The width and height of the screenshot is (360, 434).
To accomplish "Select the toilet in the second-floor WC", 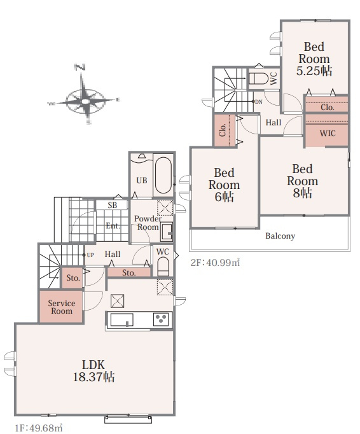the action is pos(258,79).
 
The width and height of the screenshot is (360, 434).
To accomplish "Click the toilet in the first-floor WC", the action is pos(163,267).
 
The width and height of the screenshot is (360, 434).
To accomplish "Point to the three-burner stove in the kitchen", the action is pos(161,319).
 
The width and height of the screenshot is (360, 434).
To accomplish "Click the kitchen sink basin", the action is pos(121,319).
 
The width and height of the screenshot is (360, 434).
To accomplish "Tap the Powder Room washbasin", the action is pos(166,232).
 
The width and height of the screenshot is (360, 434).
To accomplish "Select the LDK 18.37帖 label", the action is pos(93,370).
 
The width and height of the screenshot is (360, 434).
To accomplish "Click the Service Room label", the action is pos(62,307).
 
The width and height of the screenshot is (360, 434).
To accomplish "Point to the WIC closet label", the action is pos(328,133).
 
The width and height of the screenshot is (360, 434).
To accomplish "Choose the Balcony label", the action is pos(280,236).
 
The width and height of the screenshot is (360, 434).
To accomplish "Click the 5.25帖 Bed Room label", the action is pos(314,59).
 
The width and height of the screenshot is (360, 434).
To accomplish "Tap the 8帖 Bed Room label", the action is pos(303,181).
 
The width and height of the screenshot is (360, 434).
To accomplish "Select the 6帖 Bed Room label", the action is pos(224,185).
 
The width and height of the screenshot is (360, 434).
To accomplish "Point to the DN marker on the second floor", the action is pos(258,102).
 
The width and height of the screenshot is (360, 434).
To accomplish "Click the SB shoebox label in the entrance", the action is pos(113,206).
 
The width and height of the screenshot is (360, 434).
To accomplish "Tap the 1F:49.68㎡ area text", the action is pos(38,428).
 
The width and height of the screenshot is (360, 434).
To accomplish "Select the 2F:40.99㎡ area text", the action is pos(215,262).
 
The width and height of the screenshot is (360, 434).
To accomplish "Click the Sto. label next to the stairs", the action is pos(73,277).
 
